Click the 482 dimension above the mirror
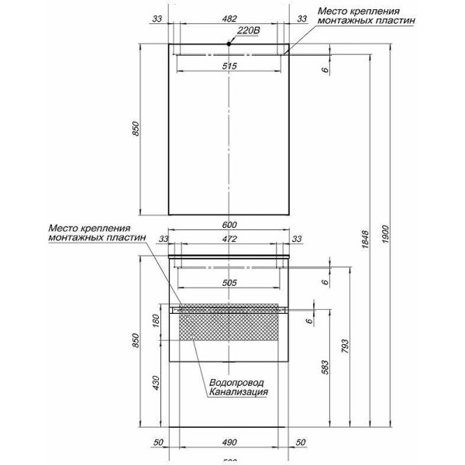pyautogui.click(x=229, y=17)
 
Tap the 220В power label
pyautogui.click(x=247, y=31)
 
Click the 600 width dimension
pyautogui.click(x=229, y=225)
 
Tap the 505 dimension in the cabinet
pyautogui.click(x=229, y=284)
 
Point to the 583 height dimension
pyautogui.click(x=325, y=365)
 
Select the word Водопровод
pyautogui.click(x=236, y=383)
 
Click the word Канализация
pyautogui.click(x=238, y=393)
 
